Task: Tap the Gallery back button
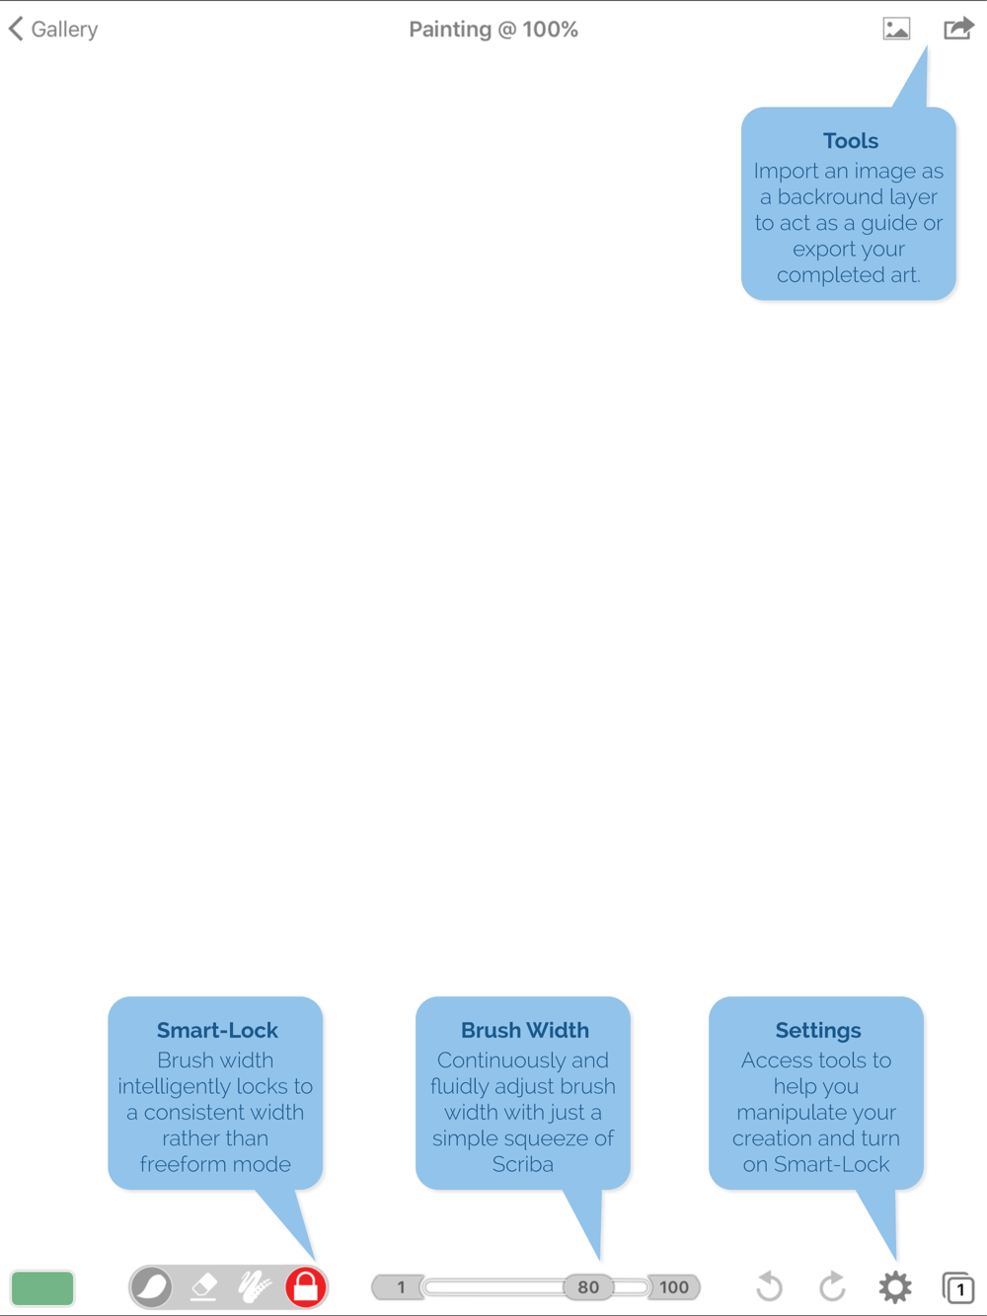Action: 52,29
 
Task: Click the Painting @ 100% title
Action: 493,30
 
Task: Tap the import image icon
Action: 896,29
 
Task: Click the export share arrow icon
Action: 958,29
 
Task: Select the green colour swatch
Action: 42,1287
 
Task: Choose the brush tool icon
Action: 152,1286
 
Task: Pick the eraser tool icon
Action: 204,1287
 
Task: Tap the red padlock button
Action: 306,1286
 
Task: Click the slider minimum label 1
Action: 401,1287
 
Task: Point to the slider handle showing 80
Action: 588,1287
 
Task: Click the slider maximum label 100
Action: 673,1287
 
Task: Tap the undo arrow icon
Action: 769,1286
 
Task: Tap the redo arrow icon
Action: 832,1286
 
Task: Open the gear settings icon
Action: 895,1287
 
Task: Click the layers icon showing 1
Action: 957,1287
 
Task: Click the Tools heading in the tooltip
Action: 850,141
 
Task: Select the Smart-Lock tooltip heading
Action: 217,1030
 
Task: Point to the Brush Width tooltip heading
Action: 525,1030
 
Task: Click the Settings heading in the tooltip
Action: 818,1031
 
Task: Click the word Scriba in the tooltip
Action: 523,1164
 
